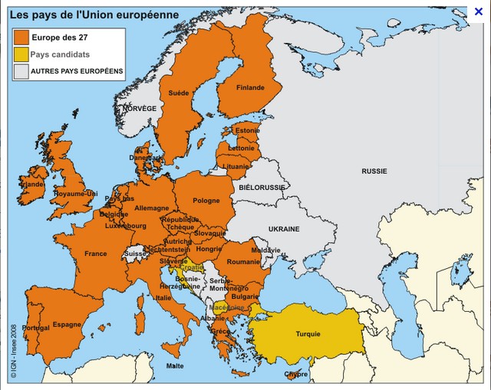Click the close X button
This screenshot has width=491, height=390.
(478, 11)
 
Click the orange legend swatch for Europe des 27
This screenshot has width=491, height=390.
(20, 37)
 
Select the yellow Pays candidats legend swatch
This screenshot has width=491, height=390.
(20, 54)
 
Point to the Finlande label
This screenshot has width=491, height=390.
(250, 87)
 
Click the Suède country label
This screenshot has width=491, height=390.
(179, 93)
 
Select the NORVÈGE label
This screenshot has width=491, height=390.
(140, 109)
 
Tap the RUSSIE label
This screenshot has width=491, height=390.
(374, 171)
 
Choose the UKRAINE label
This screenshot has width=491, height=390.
(283, 229)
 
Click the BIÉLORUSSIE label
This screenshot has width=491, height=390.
(262, 187)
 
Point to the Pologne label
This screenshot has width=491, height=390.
(206, 201)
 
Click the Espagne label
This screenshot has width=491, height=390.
(67, 324)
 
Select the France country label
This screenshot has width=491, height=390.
(96, 254)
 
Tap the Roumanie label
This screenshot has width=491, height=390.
(244, 261)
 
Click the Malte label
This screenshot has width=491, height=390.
(175, 366)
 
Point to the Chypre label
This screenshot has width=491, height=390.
(295, 375)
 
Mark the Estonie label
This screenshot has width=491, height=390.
(247, 130)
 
